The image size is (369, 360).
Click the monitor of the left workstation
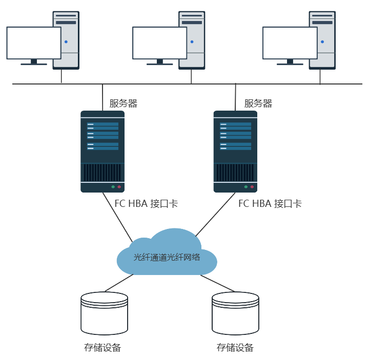coord(34,43)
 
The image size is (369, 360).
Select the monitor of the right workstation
coord(290,43)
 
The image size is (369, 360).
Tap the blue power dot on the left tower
coord(66,41)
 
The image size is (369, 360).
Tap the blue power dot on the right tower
coord(322,41)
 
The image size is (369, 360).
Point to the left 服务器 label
coord(124,103)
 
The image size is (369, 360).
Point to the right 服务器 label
coord(258,103)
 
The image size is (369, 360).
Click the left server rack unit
coord(102,152)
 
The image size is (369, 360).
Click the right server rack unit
coord(236,152)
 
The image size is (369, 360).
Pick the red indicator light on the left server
coord(119,187)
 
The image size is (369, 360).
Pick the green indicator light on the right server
coord(246,187)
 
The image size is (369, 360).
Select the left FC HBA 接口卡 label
coord(146,204)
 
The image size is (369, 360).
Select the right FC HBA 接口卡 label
coord(270,204)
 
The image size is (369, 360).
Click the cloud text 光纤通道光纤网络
coord(167,258)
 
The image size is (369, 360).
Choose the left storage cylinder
coord(105,313)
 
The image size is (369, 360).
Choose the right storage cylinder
coord(235,313)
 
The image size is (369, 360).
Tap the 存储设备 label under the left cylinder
coord(102,348)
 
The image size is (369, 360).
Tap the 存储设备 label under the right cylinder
coord(235,348)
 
